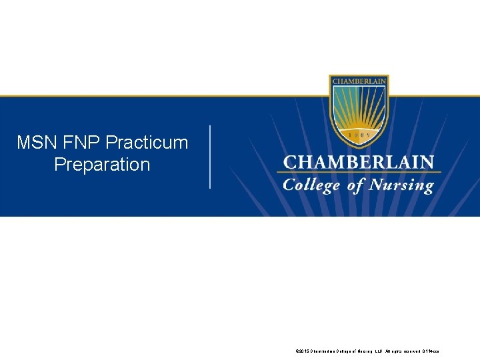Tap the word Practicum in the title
tap(147, 143)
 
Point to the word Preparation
tap(102, 165)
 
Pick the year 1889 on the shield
tap(359, 134)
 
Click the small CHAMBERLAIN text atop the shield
tap(359, 81)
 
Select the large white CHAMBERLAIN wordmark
tap(359, 163)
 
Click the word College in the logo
tap(311, 185)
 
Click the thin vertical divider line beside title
tap(211, 157)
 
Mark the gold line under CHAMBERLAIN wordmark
tap(359, 173)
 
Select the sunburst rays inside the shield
tap(359, 107)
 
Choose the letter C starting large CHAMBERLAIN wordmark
tap(290, 163)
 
